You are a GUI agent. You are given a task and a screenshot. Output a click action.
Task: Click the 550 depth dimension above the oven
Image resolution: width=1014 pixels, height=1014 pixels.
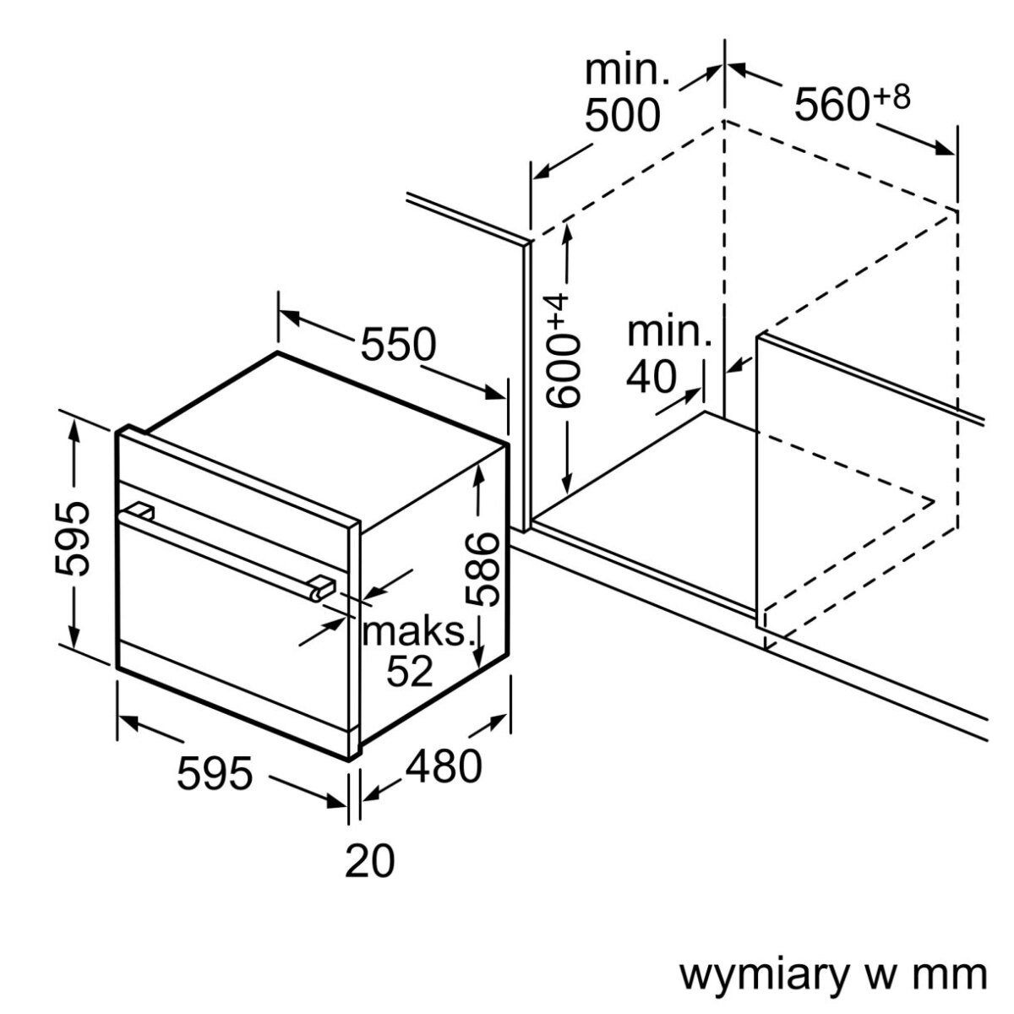click(x=398, y=344)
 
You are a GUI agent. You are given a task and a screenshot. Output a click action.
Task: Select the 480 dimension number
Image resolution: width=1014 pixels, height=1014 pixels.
click(x=444, y=766)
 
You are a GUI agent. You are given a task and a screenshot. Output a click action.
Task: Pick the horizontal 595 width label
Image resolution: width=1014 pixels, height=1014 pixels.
click(x=215, y=773)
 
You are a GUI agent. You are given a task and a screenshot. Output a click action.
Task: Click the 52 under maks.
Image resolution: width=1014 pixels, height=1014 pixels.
click(x=410, y=670)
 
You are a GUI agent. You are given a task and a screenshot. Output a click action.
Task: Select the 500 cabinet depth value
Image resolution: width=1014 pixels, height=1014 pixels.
click(x=623, y=116)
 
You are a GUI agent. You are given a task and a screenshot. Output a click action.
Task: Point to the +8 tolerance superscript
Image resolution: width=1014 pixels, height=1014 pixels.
click(x=891, y=97)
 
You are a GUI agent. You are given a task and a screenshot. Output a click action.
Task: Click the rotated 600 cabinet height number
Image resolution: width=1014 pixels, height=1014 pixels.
click(x=564, y=373)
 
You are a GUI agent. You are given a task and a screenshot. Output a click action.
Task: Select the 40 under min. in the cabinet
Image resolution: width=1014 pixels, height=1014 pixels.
click(x=651, y=377)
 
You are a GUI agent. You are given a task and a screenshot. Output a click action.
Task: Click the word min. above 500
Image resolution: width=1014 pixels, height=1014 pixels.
click(x=627, y=71)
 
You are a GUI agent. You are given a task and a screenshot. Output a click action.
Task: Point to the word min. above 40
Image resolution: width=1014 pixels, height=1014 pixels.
click(x=668, y=332)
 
